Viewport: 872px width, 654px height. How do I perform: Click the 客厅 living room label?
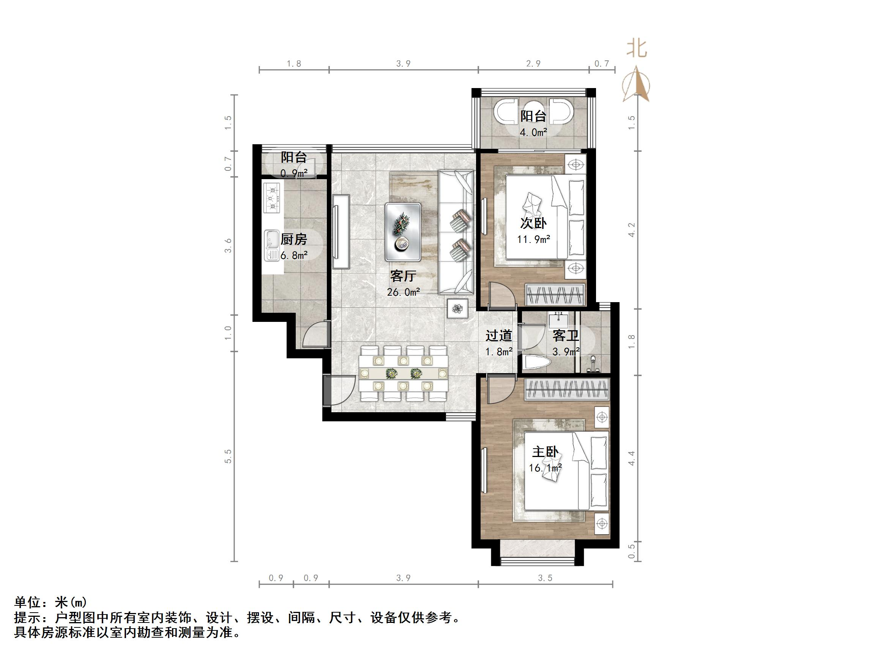click(x=403, y=276)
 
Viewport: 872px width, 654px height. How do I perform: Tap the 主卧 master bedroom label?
click(x=545, y=452)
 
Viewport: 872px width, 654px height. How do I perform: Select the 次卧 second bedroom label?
click(x=533, y=223)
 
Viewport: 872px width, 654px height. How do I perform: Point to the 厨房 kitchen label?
click(x=294, y=239)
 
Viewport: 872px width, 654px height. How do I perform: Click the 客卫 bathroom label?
click(x=566, y=336)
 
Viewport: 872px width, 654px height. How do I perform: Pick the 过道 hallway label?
click(x=499, y=336)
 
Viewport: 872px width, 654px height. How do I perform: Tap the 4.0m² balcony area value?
click(x=533, y=132)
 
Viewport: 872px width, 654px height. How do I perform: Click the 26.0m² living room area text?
click(x=403, y=292)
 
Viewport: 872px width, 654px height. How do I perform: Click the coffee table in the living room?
click(x=403, y=232)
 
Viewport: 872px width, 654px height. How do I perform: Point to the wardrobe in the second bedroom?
click(x=555, y=294)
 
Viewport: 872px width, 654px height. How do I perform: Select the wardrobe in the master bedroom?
click(x=567, y=389)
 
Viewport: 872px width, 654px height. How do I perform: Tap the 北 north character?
click(x=637, y=49)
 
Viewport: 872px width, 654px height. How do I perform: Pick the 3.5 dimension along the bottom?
click(x=545, y=578)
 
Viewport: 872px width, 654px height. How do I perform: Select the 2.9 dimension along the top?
click(x=533, y=63)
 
